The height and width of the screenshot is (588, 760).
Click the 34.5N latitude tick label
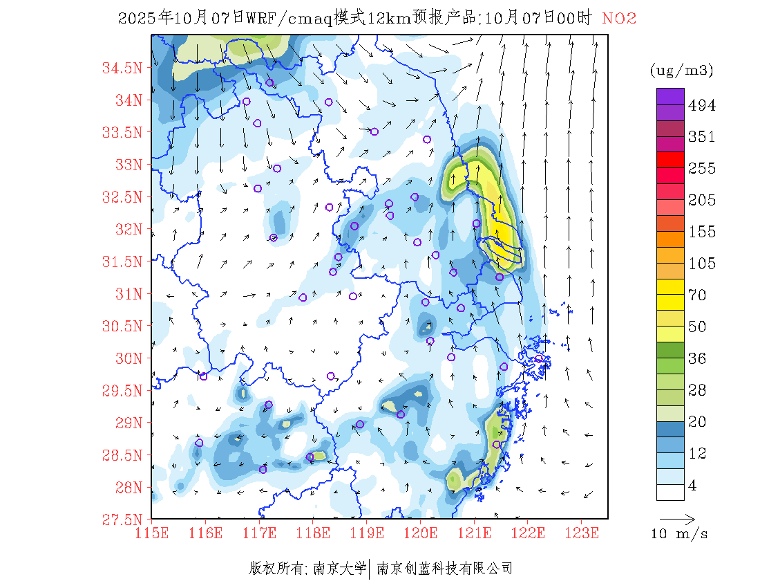coord(122,68)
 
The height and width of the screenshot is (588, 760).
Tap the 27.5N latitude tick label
coord(122,520)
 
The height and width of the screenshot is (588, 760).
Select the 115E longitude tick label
coord(152,533)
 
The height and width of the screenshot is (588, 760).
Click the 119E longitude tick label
coord(367,533)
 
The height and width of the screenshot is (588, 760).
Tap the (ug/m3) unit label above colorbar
coord(681,71)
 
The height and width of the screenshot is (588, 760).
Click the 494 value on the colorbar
coord(702,105)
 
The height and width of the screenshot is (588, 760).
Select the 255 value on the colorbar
coord(702,168)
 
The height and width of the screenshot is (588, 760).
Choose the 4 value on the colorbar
coord(693,486)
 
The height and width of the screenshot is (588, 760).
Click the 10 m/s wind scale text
coord(679,534)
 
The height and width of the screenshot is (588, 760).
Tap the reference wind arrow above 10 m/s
coord(677,519)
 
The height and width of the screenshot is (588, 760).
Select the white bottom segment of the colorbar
coord(670,492)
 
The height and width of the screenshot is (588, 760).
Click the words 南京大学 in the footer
coord(340,569)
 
